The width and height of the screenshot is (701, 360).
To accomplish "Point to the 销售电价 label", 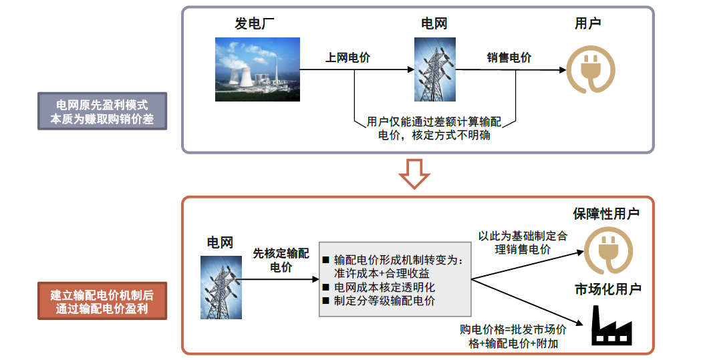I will (x=509, y=58).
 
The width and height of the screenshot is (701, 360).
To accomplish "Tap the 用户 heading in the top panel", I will (x=587, y=24).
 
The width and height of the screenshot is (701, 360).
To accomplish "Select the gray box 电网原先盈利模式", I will (x=102, y=112).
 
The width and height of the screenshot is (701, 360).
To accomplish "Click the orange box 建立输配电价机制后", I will (x=102, y=301).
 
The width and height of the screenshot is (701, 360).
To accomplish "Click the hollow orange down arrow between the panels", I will (x=414, y=174).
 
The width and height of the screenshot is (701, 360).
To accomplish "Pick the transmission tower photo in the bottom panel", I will (x=221, y=287).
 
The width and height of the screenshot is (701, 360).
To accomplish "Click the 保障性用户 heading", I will (x=606, y=214).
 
